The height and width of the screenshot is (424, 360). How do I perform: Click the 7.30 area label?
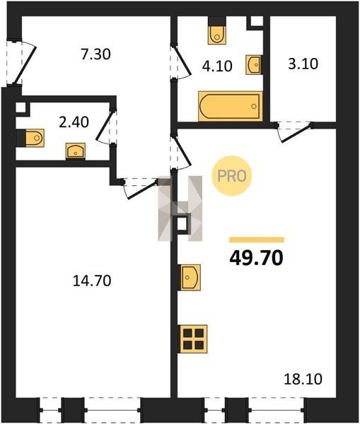[x=95, y=54]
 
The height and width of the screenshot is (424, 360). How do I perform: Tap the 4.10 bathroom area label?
[x=217, y=66]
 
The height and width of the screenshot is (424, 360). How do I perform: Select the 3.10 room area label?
[x=303, y=64]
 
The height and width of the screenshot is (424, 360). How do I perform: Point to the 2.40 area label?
[x=74, y=122]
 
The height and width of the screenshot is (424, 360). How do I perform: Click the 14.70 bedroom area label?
[x=92, y=281]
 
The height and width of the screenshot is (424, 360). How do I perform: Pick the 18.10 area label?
[x=303, y=379]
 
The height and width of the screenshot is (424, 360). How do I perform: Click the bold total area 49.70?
[x=256, y=258]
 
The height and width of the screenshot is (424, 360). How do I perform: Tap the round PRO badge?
[x=232, y=176]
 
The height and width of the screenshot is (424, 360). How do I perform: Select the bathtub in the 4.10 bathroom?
[x=231, y=106]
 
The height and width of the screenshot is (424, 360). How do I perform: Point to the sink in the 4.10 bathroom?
[x=254, y=64]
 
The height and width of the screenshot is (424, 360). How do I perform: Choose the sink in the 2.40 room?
[x=76, y=151]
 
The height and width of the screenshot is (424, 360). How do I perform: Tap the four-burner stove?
[x=193, y=338]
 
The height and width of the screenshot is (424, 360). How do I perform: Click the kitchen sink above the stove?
[x=190, y=278]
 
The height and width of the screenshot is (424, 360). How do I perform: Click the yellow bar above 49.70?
[x=257, y=240]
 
